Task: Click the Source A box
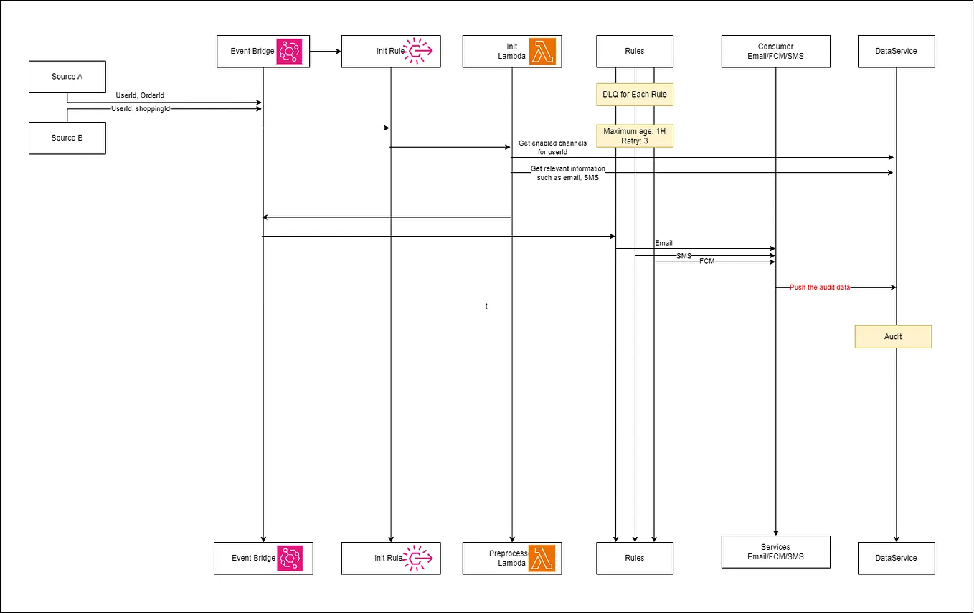pyautogui.click(x=67, y=77)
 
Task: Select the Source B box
pyautogui.click(x=67, y=138)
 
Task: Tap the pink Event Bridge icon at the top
pyautogui.click(x=290, y=52)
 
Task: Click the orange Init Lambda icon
pyautogui.click(x=543, y=52)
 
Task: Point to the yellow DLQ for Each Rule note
pyautogui.click(x=635, y=95)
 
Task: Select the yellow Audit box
pyautogui.click(x=893, y=337)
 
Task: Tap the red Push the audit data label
pyautogui.click(x=820, y=287)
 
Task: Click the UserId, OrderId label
pyautogui.click(x=140, y=95)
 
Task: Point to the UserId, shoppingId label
pyautogui.click(x=141, y=109)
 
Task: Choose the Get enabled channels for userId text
pyautogui.click(x=552, y=148)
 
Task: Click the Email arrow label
pyautogui.click(x=663, y=244)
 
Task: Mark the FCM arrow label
pyautogui.click(x=707, y=262)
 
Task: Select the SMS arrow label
pyautogui.click(x=684, y=255)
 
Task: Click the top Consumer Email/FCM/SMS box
pyautogui.click(x=775, y=52)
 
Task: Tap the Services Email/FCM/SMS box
pyautogui.click(x=775, y=552)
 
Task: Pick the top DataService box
pyautogui.click(x=896, y=52)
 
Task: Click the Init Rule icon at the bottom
pyautogui.click(x=417, y=558)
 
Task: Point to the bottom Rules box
pyautogui.click(x=635, y=558)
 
